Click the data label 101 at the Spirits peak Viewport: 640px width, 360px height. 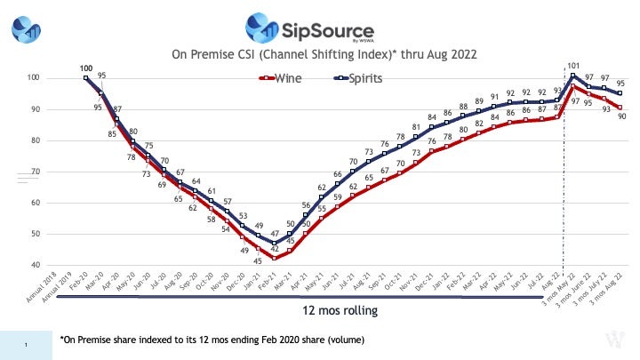573,65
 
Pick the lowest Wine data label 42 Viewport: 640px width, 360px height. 276,250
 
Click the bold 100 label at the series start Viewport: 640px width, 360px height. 86,68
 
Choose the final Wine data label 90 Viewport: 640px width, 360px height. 620,116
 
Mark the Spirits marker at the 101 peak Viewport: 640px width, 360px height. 573,76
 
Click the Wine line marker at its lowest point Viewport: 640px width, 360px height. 275,258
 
